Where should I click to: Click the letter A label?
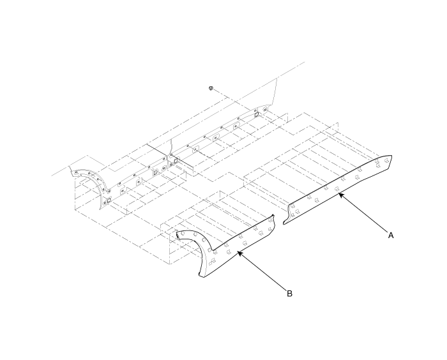[391, 235]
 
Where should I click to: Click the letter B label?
[289, 294]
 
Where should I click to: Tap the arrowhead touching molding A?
[340, 195]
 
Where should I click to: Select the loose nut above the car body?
[211, 88]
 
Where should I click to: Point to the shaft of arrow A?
[363, 213]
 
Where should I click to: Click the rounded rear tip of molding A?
[391, 156]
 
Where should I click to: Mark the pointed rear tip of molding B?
[273, 215]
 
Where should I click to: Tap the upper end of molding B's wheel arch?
[178, 234]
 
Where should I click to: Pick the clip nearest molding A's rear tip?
[386, 161]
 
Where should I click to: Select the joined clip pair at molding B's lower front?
[212, 262]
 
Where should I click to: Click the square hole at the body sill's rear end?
[257, 115]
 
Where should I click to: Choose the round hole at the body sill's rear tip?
[266, 109]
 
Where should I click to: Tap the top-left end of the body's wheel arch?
[71, 171]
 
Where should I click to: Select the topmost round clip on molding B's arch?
[183, 233]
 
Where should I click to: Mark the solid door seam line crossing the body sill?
[170, 154]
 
